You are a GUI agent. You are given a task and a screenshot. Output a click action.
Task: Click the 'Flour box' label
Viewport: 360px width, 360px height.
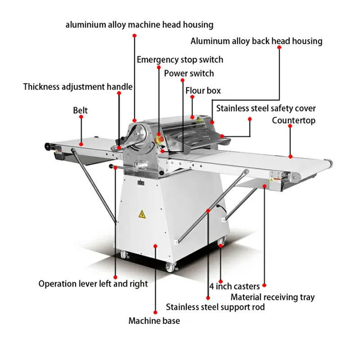click(203, 91)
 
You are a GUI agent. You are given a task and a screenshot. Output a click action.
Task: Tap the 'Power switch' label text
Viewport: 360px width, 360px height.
click(189, 73)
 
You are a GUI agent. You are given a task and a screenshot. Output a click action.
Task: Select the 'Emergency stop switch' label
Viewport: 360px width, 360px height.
click(180, 60)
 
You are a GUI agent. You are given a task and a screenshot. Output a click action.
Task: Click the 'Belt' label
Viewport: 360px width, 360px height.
click(81, 110)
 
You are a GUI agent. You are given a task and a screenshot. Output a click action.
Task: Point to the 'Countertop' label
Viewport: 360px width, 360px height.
click(294, 121)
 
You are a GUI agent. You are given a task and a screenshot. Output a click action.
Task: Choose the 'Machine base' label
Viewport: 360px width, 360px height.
click(154, 321)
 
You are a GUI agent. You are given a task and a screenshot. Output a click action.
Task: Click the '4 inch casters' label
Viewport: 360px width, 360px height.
click(234, 287)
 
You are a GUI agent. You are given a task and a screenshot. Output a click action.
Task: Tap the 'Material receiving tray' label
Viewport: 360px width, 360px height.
click(273, 297)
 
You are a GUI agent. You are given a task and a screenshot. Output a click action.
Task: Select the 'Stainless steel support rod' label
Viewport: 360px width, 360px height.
click(216, 307)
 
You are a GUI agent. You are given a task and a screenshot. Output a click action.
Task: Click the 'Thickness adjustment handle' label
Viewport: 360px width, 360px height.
click(78, 87)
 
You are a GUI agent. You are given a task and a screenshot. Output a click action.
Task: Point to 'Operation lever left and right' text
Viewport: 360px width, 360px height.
click(93, 284)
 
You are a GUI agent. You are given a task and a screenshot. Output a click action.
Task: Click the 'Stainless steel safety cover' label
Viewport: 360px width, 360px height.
click(266, 108)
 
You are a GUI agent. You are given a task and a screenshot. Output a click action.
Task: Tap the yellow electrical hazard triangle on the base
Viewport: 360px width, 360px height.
click(142, 214)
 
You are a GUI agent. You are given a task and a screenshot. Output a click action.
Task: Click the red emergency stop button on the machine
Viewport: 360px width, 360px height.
click(160, 139)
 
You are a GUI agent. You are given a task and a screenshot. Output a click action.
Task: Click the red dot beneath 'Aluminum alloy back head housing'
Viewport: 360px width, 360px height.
click(279, 47)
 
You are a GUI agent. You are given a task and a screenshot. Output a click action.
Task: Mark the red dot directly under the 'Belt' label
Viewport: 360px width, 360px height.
click(81, 117)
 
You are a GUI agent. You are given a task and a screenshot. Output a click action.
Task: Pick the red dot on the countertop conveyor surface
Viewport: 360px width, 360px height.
click(290, 157)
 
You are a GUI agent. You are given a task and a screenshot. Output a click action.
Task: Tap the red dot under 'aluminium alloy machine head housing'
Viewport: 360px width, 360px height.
click(135, 36)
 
